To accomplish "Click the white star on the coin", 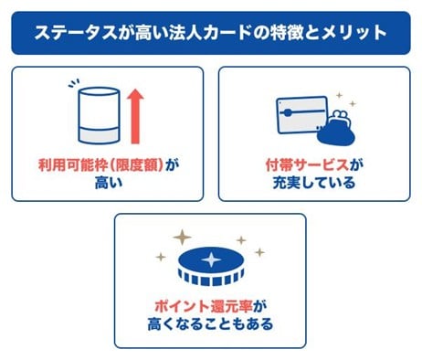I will click(210, 260).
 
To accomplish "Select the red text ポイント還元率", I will click(202, 305).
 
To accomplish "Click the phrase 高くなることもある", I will click(210, 323).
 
